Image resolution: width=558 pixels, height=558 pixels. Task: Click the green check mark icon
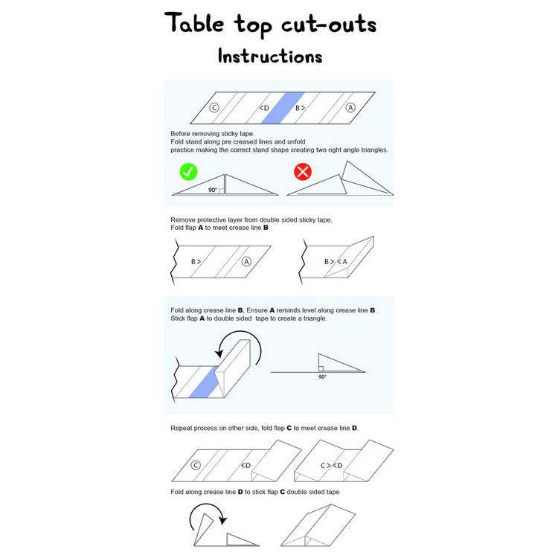(189, 172)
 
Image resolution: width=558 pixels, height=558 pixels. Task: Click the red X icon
(303, 172)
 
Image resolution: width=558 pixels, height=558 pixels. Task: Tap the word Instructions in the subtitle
(270, 57)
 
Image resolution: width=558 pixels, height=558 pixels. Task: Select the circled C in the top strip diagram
(214, 107)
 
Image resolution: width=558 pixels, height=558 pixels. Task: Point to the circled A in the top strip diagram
(350, 107)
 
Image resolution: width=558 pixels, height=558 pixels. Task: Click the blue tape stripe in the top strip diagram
(283, 108)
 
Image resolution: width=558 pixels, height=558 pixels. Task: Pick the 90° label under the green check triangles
(213, 190)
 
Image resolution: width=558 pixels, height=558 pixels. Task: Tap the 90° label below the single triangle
(322, 377)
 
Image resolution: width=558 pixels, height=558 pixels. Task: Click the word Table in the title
(194, 24)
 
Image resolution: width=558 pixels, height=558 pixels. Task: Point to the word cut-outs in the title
(329, 25)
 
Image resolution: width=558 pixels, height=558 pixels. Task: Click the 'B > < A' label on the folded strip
(336, 262)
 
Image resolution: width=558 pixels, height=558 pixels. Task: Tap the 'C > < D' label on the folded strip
(331, 466)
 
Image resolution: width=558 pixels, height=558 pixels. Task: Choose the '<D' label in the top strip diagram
(264, 108)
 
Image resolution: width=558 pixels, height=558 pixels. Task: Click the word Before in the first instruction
(181, 134)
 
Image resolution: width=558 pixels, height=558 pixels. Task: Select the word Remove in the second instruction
(183, 220)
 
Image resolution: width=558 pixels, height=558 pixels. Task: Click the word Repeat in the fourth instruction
(182, 428)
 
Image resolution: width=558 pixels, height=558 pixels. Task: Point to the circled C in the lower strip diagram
(196, 465)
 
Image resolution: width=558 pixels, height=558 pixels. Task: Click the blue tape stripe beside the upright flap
(204, 382)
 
